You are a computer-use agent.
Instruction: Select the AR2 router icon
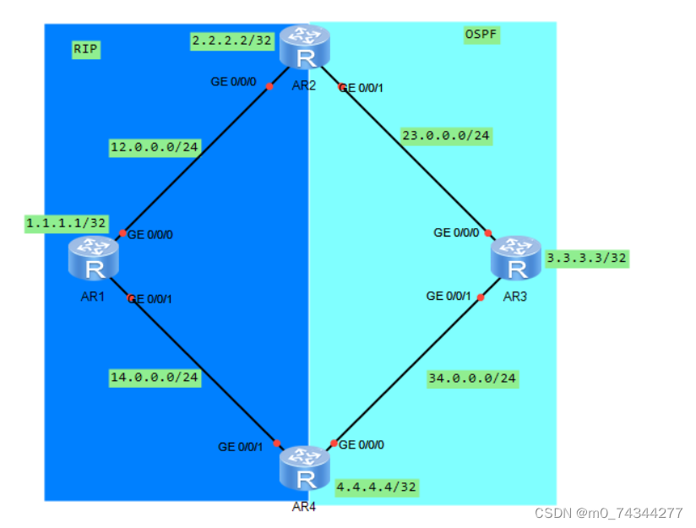(305, 47)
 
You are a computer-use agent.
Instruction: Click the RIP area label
(86, 50)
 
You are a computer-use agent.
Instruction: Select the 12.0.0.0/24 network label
(155, 148)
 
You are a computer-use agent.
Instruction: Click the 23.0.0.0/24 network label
(446, 135)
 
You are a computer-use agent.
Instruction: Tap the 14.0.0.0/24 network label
(155, 378)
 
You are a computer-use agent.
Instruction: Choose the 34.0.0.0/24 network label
(471, 378)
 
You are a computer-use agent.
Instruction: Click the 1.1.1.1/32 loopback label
(67, 223)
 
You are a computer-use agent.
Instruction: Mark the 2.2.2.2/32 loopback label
(233, 39)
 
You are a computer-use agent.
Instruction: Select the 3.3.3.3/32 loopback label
(587, 259)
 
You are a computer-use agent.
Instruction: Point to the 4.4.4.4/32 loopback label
(377, 487)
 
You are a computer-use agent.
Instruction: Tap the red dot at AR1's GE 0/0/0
(122, 233)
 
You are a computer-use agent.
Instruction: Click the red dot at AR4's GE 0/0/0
(334, 444)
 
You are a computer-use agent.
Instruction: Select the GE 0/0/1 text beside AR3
(449, 296)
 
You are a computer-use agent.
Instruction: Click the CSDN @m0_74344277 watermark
(609, 513)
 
